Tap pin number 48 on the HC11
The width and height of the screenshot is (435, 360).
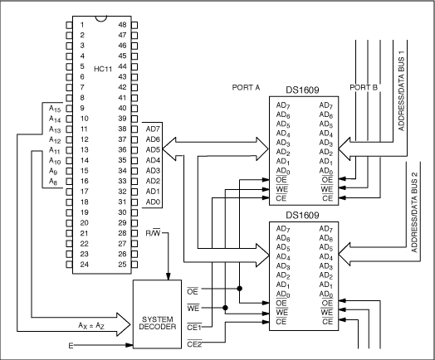coord(122,25)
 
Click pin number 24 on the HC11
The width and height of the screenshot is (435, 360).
coord(82,265)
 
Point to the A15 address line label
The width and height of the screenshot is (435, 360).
coord(55,108)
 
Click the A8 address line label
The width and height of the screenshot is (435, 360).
coord(53,181)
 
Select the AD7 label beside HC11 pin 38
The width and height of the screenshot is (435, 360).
coord(153,129)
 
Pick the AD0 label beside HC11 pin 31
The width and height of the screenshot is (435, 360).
coord(153,202)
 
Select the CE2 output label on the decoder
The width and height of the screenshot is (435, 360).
coord(195,344)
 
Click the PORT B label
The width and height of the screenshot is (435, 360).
coord(364,85)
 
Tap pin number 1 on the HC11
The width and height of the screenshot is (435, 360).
coord(82,25)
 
